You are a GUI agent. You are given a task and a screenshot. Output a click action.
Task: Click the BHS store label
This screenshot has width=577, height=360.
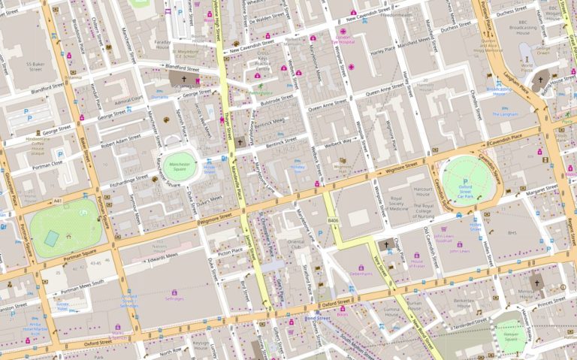click(x=513, y=234)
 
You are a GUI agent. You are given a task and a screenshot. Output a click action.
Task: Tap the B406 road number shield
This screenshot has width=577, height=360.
click(x=333, y=220)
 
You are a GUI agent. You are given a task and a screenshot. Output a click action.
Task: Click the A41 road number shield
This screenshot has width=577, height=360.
click(x=58, y=201)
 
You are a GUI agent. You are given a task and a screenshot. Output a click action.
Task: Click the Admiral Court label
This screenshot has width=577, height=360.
click(x=128, y=100)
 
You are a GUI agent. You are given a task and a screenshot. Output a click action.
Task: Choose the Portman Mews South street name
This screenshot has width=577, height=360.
click(x=83, y=286)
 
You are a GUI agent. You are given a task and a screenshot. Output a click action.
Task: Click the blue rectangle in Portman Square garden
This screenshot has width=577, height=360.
click(x=51, y=238)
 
